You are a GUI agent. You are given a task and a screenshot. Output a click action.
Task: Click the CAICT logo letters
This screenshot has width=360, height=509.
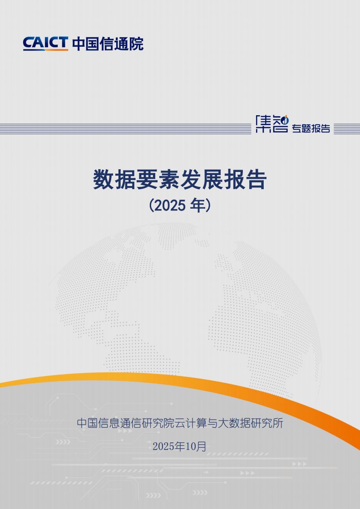tap(45, 43)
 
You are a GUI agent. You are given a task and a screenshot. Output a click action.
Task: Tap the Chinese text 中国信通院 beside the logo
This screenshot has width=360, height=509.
tap(108, 44)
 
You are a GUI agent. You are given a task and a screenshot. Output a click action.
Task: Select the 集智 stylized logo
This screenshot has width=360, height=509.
tap(272, 124)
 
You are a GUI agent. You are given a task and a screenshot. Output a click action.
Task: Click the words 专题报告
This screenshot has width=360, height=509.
tap(311, 128)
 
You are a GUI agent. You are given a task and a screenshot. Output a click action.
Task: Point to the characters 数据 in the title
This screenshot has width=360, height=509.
tap(115, 180)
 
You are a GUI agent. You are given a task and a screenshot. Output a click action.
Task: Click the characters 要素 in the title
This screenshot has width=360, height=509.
tap(158, 180)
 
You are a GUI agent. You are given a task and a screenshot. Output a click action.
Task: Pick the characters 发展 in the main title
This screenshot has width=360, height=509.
tap(202, 180)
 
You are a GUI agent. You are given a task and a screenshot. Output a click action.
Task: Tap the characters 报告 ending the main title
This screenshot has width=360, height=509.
tap(245, 180)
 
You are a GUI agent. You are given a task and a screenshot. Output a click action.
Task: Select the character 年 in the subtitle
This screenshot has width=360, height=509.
tap(197, 206)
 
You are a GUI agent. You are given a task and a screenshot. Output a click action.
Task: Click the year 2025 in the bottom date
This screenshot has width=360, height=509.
tap(163, 446)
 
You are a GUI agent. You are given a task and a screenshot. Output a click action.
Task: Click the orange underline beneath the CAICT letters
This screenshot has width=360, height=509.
tap(45, 49)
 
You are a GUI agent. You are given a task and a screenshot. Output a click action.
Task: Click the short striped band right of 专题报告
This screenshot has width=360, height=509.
tap(347, 128)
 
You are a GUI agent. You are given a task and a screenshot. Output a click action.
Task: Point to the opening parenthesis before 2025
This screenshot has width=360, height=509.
tap(151, 206)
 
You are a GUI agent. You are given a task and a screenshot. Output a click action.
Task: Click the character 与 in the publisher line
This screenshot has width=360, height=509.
tap(212, 423)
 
